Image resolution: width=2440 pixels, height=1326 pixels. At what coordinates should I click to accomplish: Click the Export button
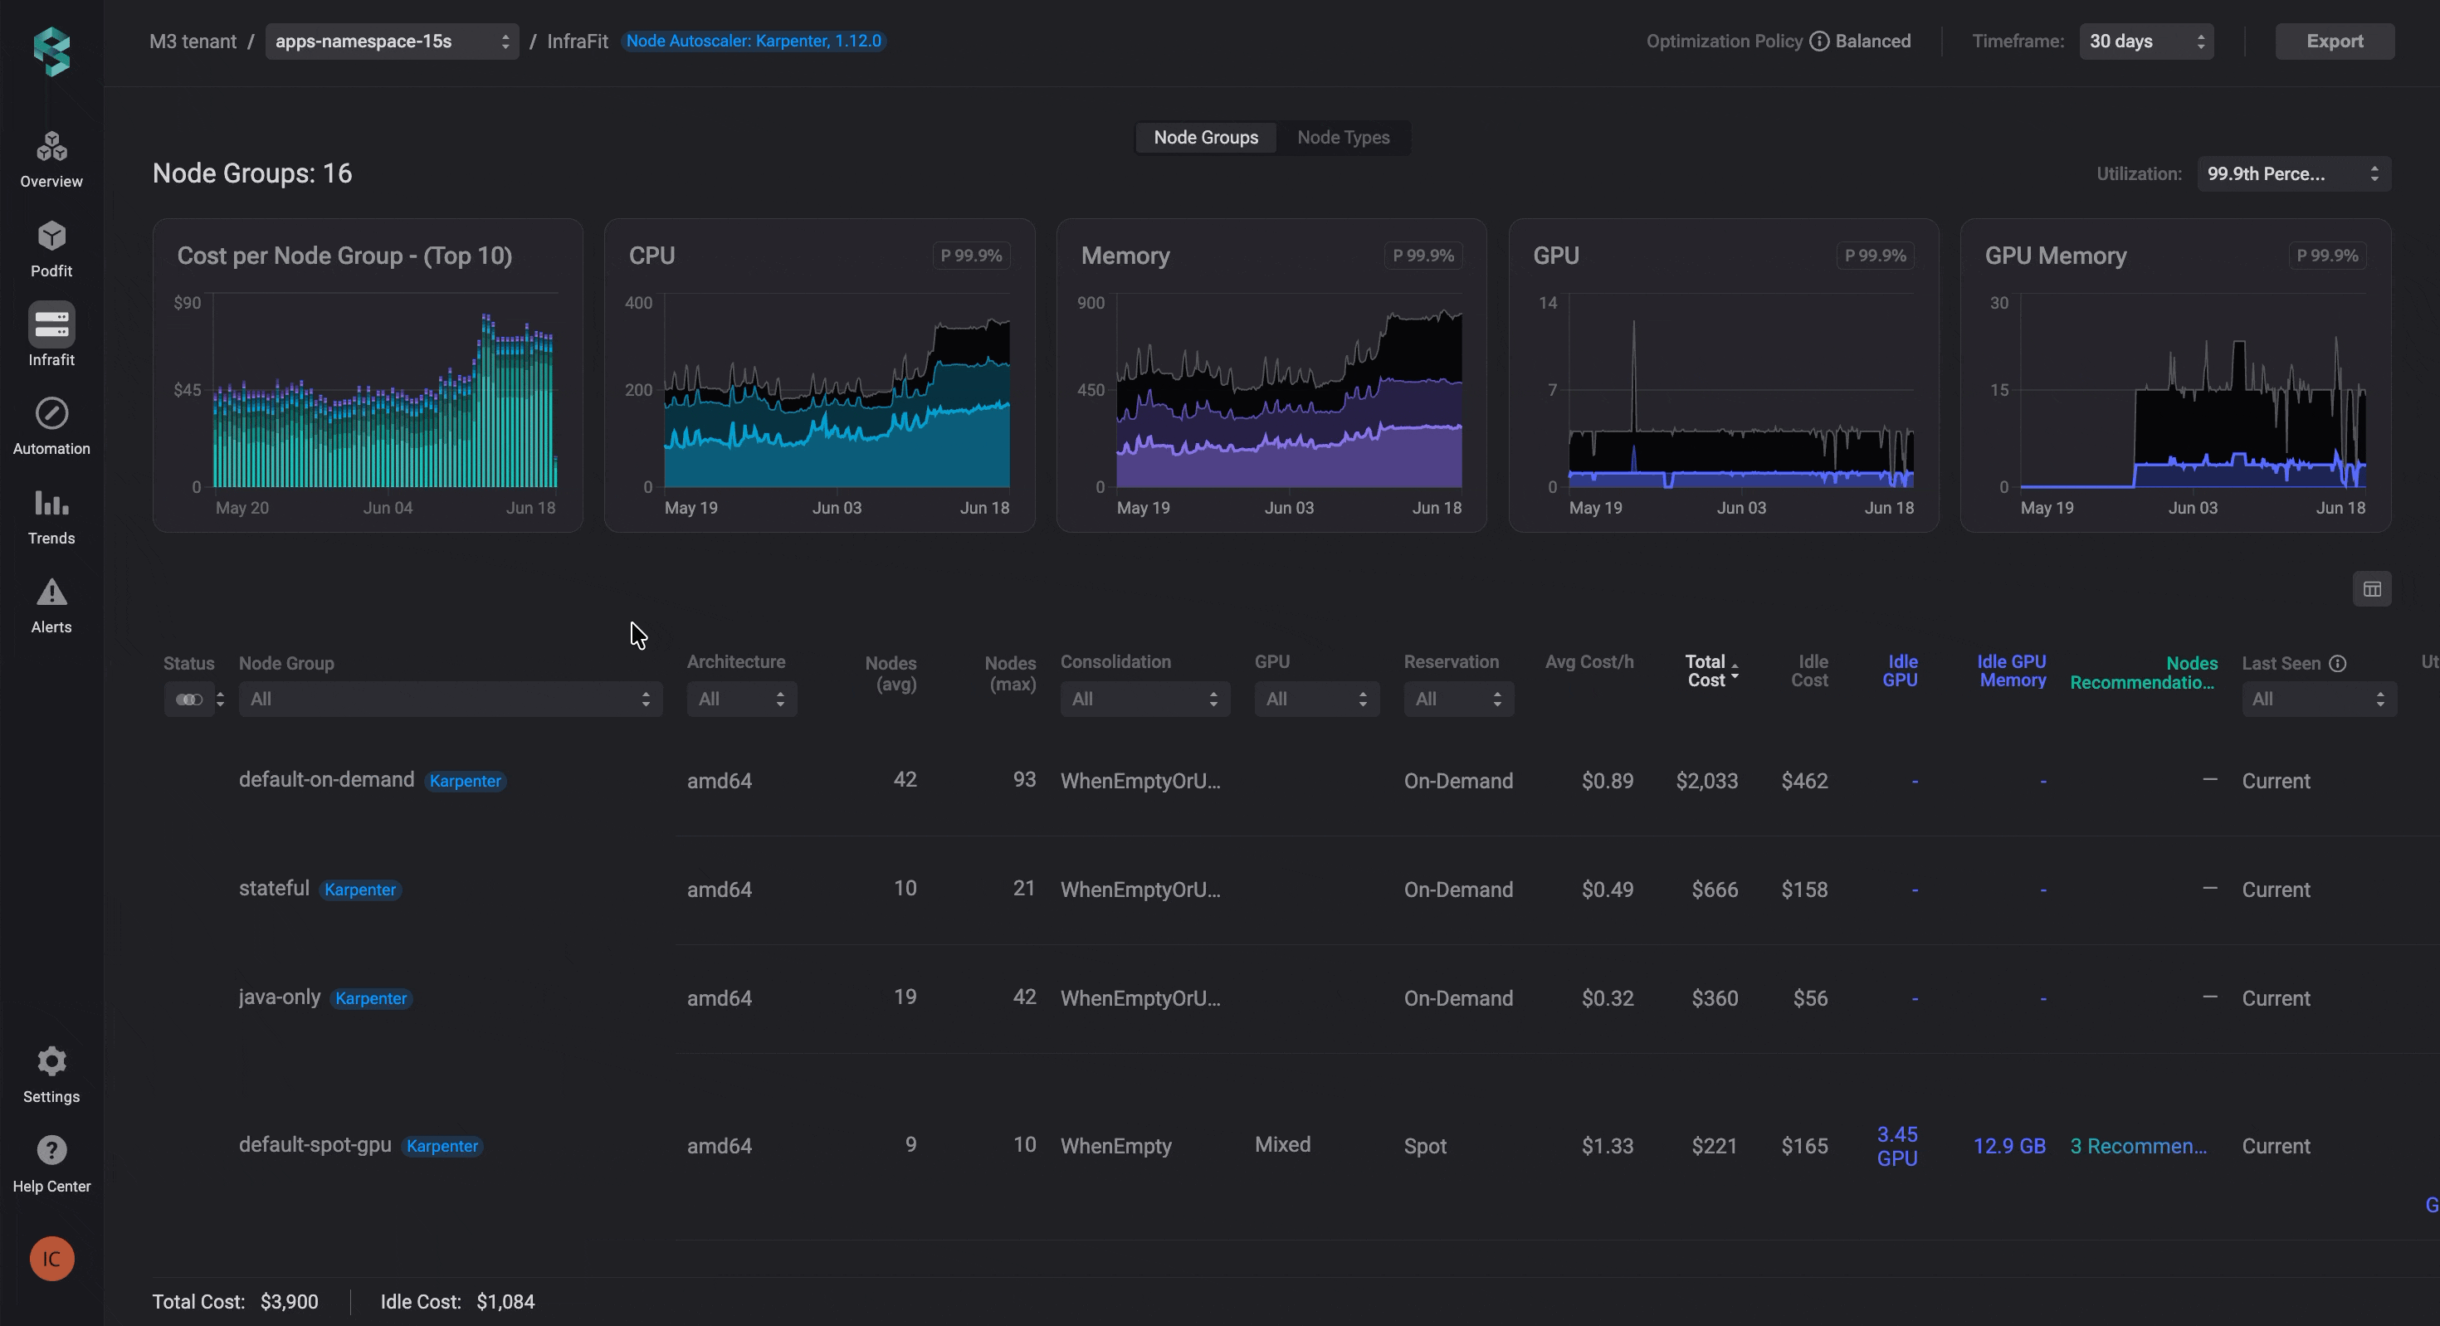tap(2334, 41)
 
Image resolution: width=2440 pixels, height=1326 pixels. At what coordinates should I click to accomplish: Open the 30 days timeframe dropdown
tap(2145, 41)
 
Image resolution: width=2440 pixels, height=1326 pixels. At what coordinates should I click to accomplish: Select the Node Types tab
tap(1342, 138)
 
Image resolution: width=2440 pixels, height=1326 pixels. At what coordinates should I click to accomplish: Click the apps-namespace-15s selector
tap(391, 41)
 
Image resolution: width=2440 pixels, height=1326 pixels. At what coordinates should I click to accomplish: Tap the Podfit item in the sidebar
tap(51, 249)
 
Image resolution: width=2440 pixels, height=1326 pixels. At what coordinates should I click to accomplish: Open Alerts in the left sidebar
tap(51, 607)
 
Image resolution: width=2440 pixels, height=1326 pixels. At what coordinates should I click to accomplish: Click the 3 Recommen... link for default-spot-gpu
tap(2138, 1145)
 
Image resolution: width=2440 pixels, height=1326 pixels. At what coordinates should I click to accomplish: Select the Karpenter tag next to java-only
tap(370, 998)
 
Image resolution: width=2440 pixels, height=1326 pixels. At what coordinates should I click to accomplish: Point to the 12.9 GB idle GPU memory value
tap(2008, 1145)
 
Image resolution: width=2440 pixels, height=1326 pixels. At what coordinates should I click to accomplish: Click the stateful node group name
tap(274, 888)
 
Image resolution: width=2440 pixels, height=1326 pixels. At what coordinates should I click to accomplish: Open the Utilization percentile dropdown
tap(2293, 173)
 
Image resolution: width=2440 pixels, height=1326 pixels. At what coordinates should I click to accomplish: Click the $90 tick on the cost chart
tap(187, 302)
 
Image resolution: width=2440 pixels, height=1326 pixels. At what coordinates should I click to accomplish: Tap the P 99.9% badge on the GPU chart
tap(1875, 255)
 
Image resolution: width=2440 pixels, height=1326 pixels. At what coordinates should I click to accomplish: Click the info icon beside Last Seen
tap(2337, 663)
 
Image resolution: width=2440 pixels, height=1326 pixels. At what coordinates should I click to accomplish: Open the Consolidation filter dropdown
tap(1144, 699)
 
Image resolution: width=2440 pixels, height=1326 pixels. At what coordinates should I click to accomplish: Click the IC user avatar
tap(51, 1258)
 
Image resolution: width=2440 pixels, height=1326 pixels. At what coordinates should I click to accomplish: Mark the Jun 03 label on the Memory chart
tap(1288, 508)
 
